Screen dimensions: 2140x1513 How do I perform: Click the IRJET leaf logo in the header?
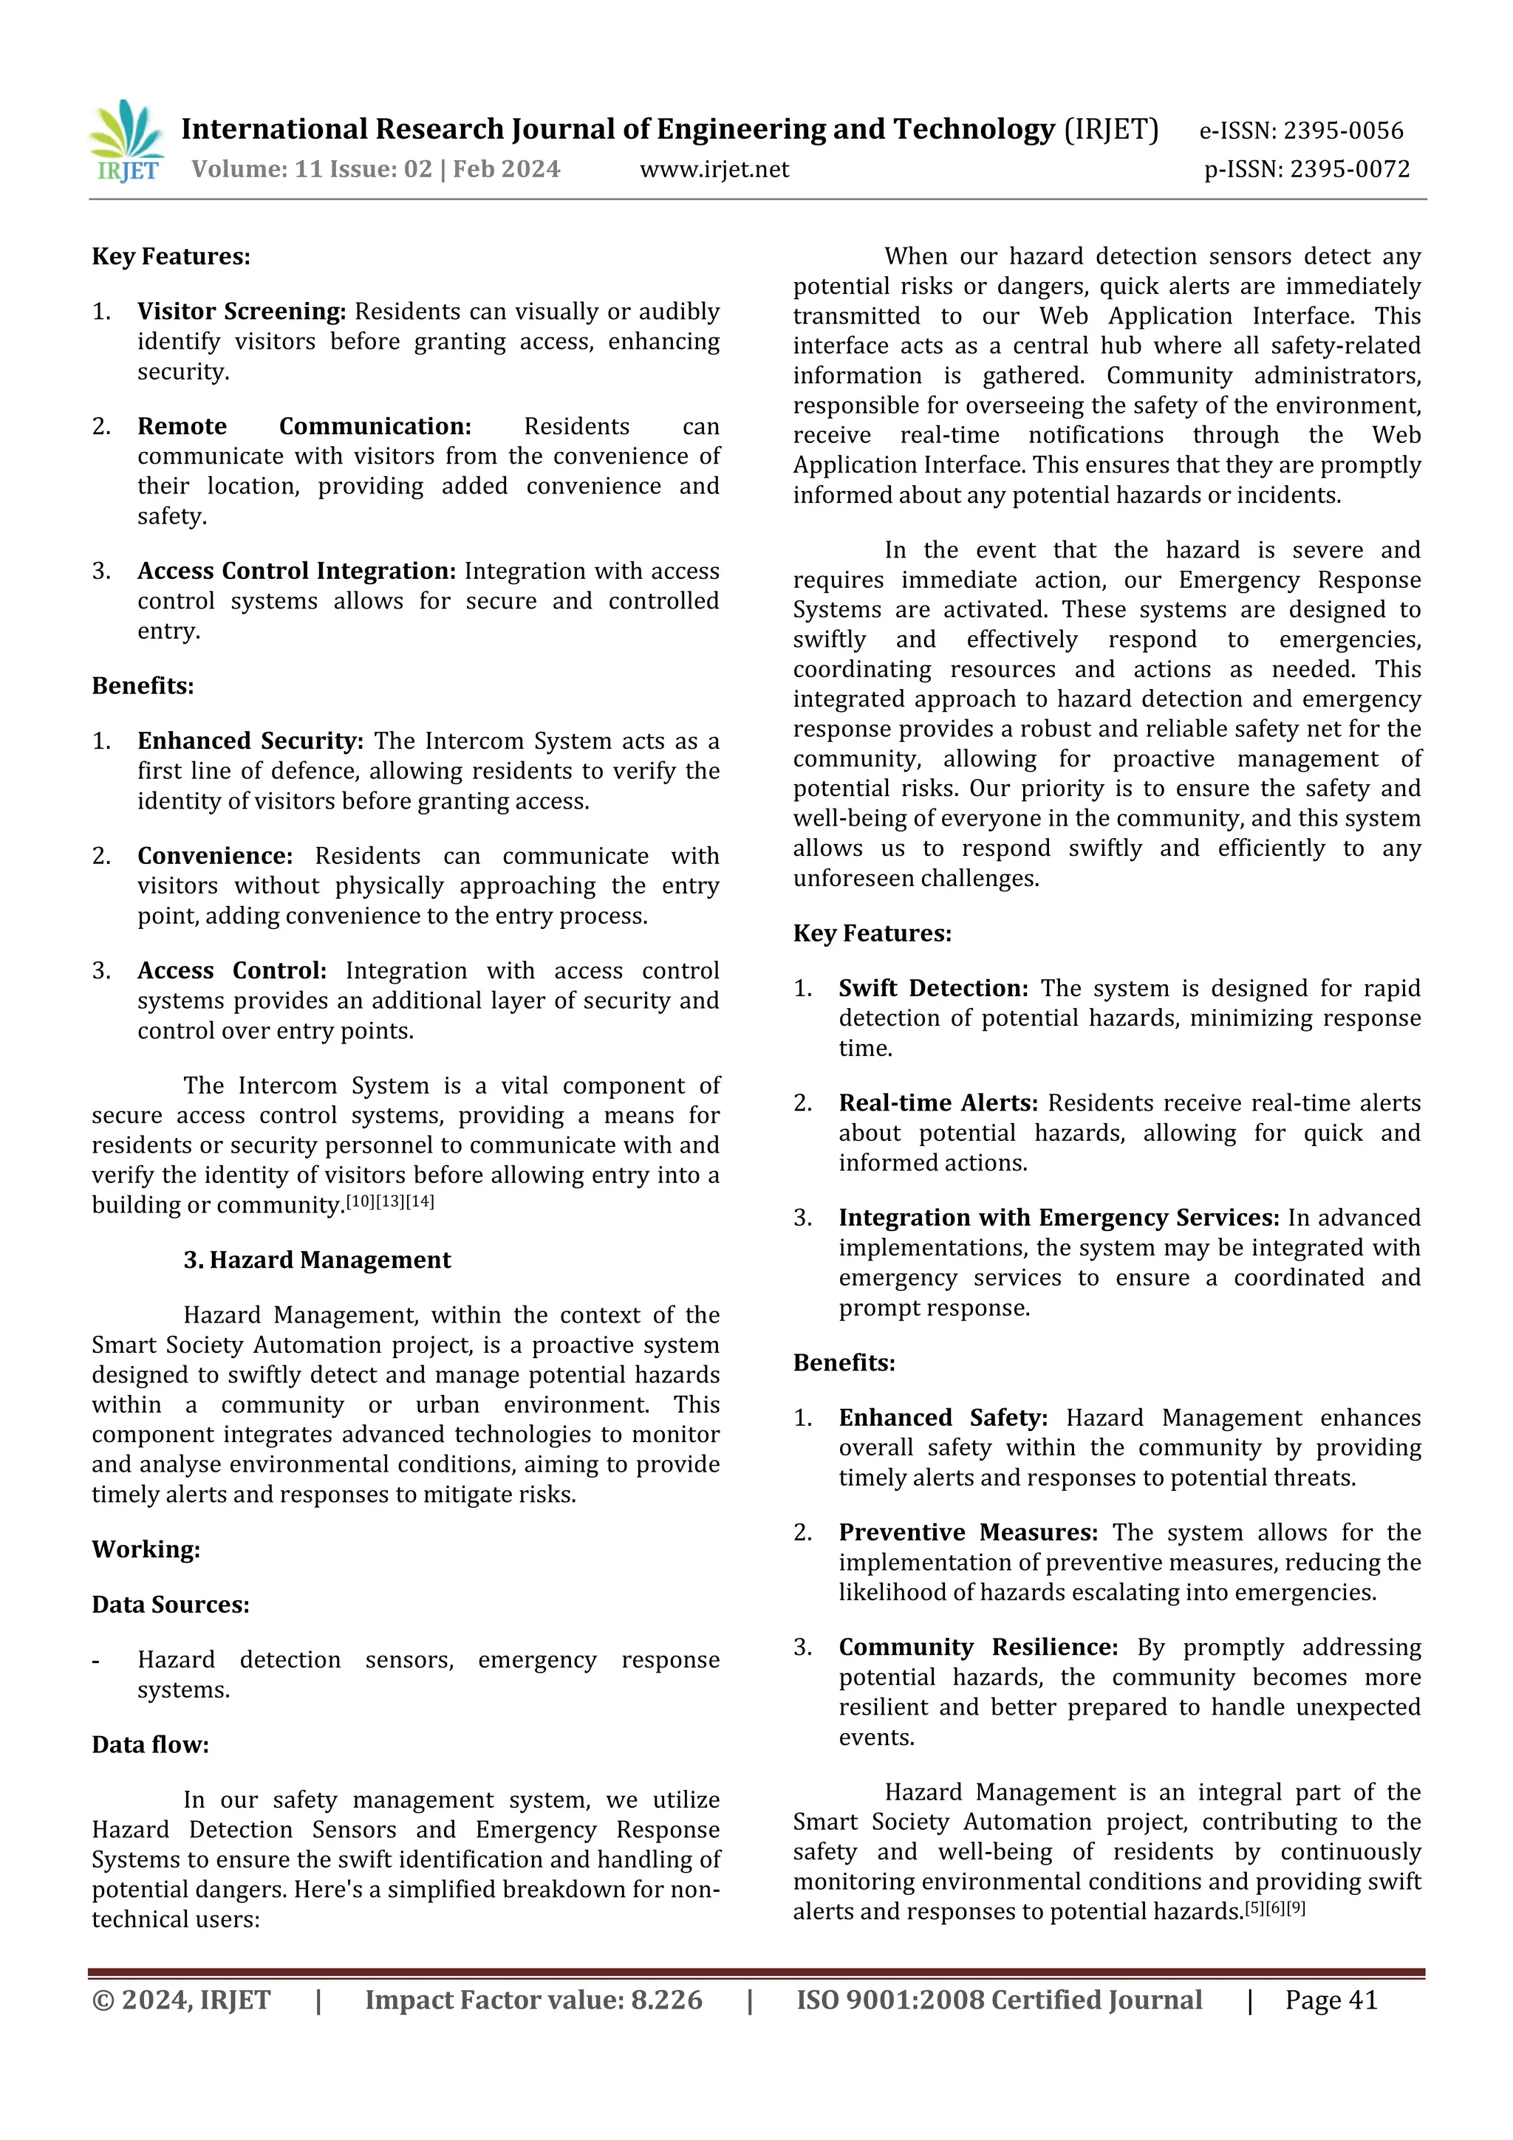[127, 140]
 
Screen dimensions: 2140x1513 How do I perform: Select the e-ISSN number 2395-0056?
[1342, 131]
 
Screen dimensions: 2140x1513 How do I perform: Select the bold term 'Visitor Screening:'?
[242, 312]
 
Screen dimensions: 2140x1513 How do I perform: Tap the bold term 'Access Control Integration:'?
[296, 570]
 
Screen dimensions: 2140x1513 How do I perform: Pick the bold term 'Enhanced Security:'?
[250, 741]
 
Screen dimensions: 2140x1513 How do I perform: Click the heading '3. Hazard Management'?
[317, 1260]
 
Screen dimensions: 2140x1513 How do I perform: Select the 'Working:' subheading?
[146, 1549]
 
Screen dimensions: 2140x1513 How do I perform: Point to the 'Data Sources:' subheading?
[171, 1604]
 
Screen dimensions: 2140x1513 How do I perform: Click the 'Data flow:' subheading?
[150, 1745]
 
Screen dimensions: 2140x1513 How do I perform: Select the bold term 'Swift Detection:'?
[933, 988]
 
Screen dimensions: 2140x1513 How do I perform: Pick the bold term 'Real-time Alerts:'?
[937, 1102]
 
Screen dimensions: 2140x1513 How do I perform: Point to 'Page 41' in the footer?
[1331, 2000]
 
